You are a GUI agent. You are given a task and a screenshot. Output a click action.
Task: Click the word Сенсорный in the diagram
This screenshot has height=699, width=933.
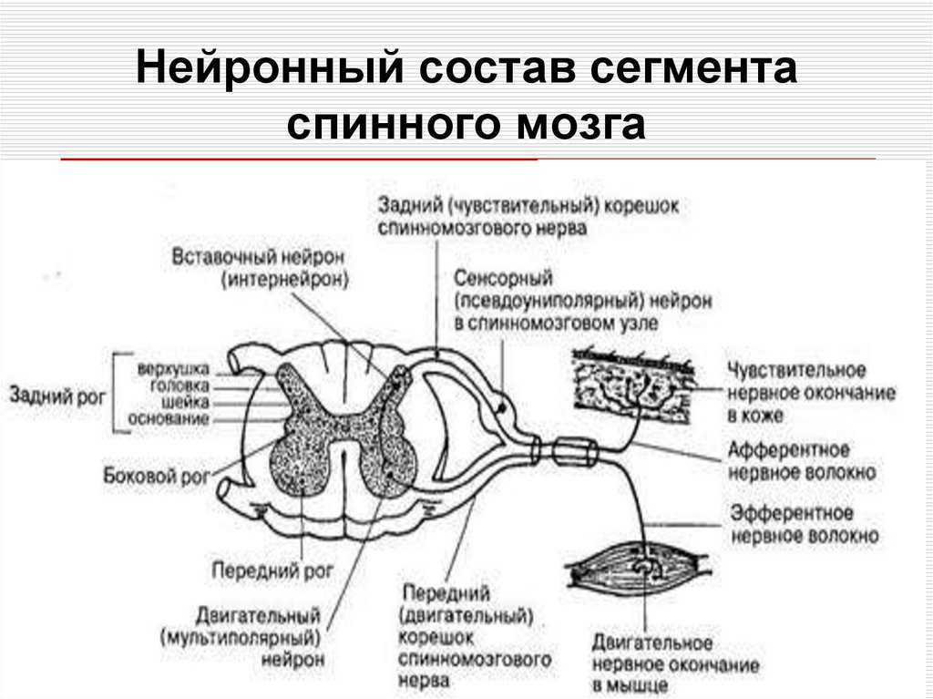pyautogui.click(x=505, y=277)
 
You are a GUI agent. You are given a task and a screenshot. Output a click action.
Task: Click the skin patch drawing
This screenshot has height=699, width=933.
pyautogui.click(x=636, y=380)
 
